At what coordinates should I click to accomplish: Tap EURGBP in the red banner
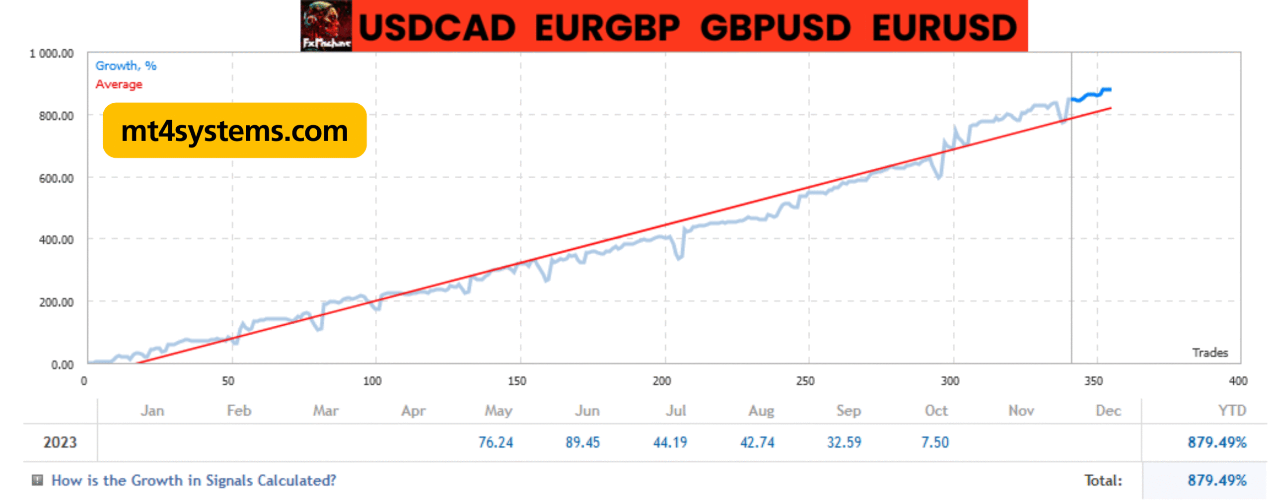pyautogui.click(x=606, y=28)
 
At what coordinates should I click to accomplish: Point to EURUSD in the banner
pyautogui.click(x=944, y=28)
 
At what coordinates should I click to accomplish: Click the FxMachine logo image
pyautogui.click(x=326, y=25)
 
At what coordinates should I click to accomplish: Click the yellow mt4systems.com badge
pyautogui.click(x=234, y=131)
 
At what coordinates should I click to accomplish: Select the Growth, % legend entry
pyautogui.click(x=126, y=66)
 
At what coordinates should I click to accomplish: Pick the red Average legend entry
pyautogui.click(x=119, y=84)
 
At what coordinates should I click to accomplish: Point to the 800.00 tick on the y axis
pyautogui.click(x=56, y=116)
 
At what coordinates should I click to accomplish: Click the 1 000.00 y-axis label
pyautogui.click(x=52, y=53)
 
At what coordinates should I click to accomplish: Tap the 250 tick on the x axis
pyautogui.click(x=805, y=381)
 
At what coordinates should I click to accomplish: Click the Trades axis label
pyautogui.click(x=1209, y=353)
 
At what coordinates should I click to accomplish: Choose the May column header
pyautogui.click(x=498, y=411)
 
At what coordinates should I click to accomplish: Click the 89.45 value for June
pyautogui.click(x=582, y=442)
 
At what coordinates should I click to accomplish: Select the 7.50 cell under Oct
pyautogui.click(x=934, y=442)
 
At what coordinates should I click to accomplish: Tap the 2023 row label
pyautogui.click(x=60, y=442)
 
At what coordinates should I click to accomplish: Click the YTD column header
pyautogui.click(x=1231, y=411)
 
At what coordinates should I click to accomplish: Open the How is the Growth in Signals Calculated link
pyautogui.click(x=194, y=480)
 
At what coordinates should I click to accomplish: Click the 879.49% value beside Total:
pyautogui.click(x=1216, y=480)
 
